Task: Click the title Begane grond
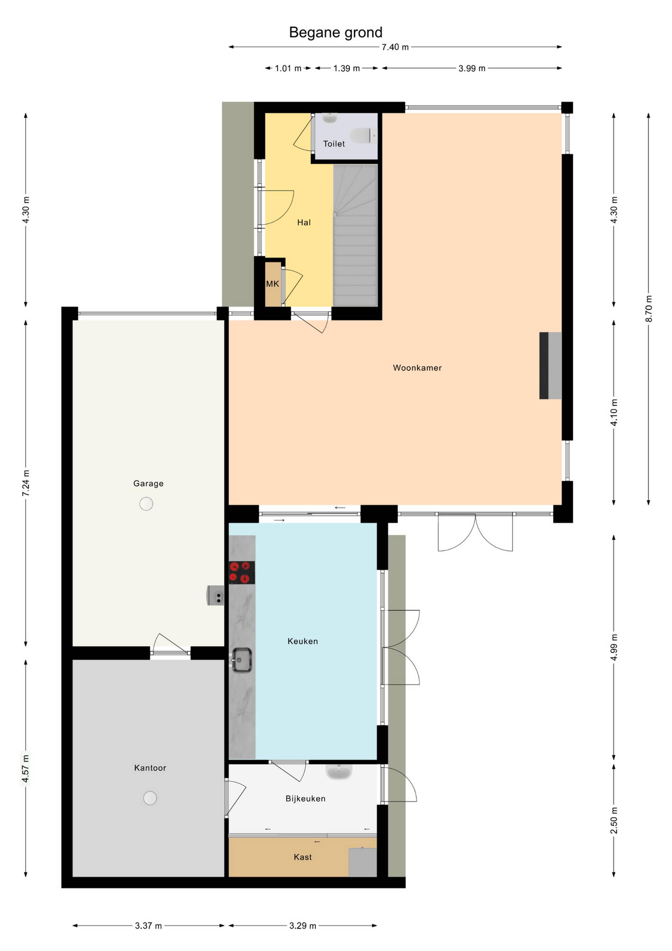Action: (x=335, y=32)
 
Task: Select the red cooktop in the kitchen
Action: (x=241, y=573)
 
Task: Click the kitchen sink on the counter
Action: (x=241, y=660)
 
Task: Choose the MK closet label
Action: (x=272, y=284)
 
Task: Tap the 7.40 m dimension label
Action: (x=395, y=47)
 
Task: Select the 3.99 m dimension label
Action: (x=472, y=68)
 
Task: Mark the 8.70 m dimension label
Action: (x=649, y=309)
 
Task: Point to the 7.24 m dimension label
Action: (x=26, y=483)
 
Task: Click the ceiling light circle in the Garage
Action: (x=146, y=504)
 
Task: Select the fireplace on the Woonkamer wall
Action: (x=550, y=366)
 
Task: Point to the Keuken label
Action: (x=302, y=641)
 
